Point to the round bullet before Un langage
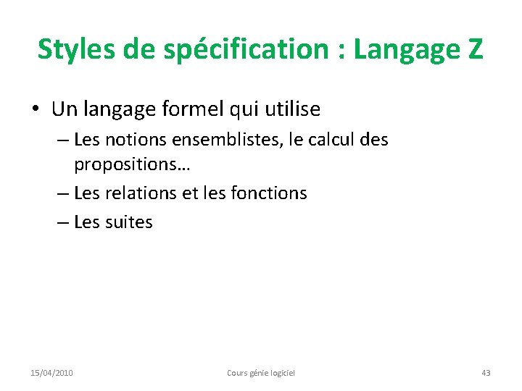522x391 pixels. (x=36, y=110)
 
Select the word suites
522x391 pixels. (x=128, y=222)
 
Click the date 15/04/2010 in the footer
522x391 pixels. (x=51, y=373)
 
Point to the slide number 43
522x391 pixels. (x=486, y=373)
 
